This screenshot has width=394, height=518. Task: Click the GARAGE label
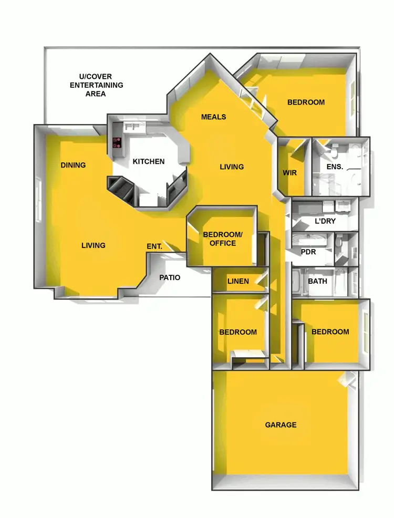pyautogui.click(x=281, y=424)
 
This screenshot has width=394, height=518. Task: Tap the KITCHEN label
pyautogui.click(x=148, y=161)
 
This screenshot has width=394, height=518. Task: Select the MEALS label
pyautogui.click(x=213, y=117)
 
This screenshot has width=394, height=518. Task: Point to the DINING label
pyautogui.click(x=73, y=165)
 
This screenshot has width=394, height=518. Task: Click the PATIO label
pyautogui.click(x=170, y=277)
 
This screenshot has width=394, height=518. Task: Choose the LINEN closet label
pyautogui.click(x=238, y=281)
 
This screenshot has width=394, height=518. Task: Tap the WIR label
pyautogui.click(x=290, y=172)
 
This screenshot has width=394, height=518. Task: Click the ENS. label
pyautogui.click(x=335, y=167)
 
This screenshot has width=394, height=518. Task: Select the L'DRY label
pyautogui.click(x=325, y=221)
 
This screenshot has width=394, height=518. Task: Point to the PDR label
pyautogui.click(x=308, y=252)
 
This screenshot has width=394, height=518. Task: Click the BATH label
pyautogui.click(x=317, y=281)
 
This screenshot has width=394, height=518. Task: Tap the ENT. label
pyautogui.click(x=154, y=245)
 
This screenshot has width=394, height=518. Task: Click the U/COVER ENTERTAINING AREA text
pyautogui.click(x=97, y=85)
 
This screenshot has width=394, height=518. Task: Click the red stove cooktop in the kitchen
pyautogui.click(x=117, y=142)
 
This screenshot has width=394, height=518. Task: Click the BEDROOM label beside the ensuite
pyautogui.click(x=306, y=102)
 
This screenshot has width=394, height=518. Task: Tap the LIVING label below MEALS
pyautogui.click(x=232, y=167)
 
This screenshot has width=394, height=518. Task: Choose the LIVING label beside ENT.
pyautogui.click(x=94, y=245)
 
